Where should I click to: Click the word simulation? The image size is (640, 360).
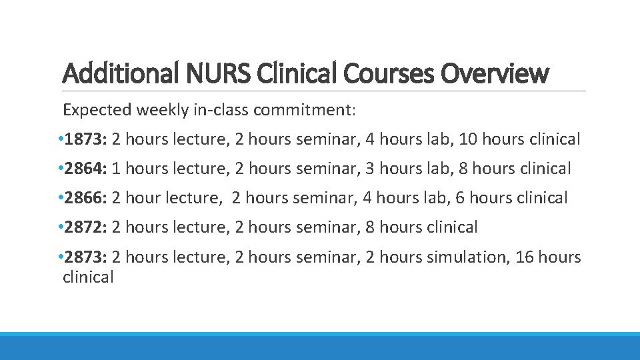(474, 257)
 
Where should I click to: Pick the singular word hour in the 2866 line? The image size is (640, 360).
(141, 198)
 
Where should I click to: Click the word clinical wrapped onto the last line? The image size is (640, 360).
(88, 277)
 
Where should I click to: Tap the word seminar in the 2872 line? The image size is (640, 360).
(327, 227)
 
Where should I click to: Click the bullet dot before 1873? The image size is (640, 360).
(60, 139)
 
